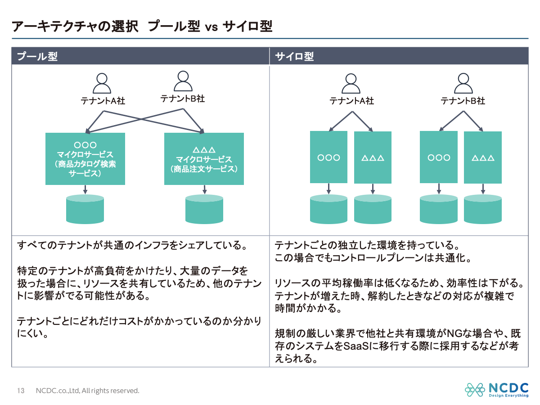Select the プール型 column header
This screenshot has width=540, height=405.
point(37,57)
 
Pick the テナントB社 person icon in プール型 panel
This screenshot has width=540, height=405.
point(182,81)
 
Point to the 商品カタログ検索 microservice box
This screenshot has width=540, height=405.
point(85,158)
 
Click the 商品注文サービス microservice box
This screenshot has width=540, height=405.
point(204,158)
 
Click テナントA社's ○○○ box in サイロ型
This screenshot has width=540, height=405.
point(328,157)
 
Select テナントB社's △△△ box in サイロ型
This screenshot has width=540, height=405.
point(483,157)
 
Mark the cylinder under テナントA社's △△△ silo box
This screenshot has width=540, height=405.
point(373,209)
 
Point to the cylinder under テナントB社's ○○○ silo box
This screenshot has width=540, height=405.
point(439,209)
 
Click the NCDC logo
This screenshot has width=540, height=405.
point(497,390)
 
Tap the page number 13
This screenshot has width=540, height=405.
point(21,391)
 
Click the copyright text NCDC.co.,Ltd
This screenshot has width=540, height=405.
point(58,391)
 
